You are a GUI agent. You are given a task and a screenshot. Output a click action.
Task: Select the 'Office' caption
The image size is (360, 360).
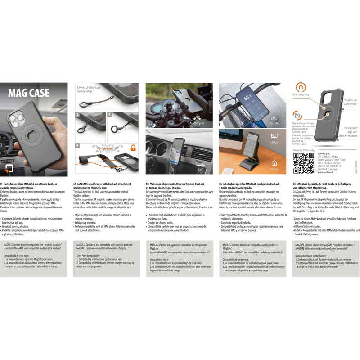[274, 142]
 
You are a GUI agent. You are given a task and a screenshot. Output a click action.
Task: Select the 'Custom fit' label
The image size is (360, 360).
[350, 104]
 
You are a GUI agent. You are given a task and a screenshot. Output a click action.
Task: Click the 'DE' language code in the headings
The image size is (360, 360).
[294, 184]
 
